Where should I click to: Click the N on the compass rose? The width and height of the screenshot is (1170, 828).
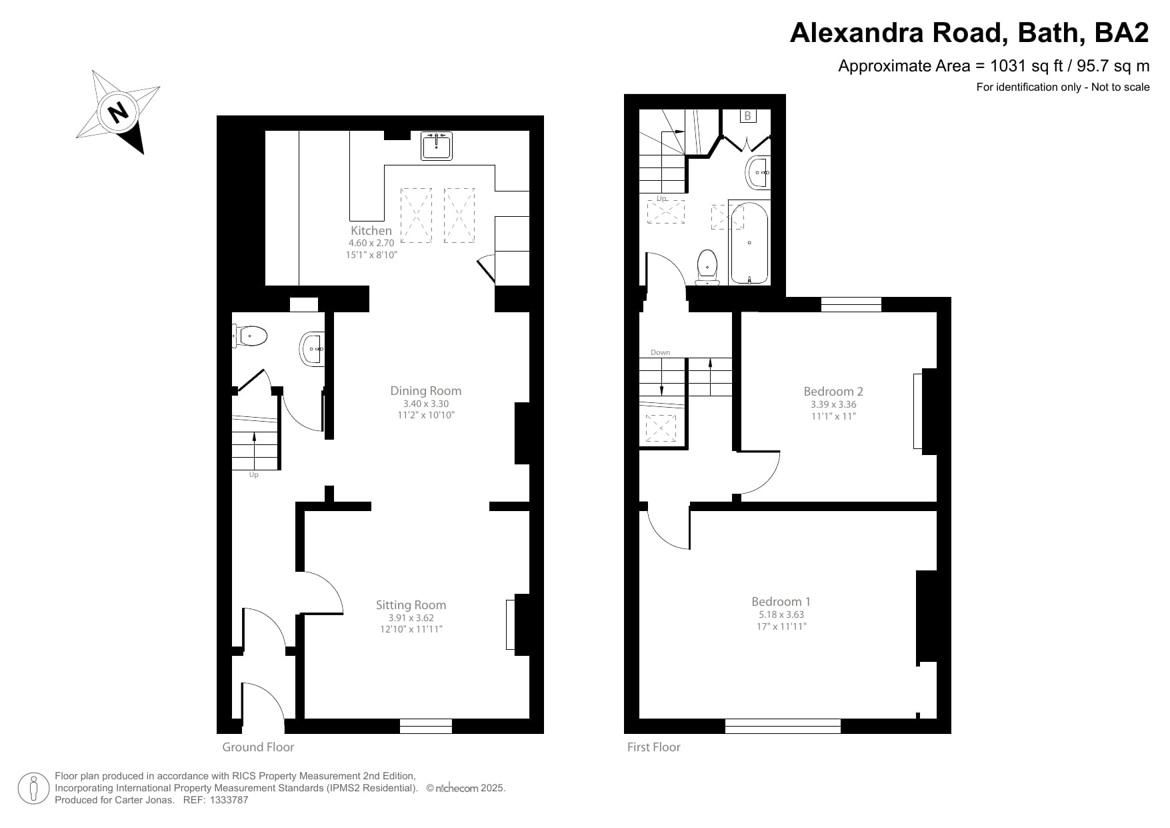(118, 111)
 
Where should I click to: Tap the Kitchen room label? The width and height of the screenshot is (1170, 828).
(371, 231)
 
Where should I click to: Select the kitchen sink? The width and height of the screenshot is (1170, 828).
(437, 146)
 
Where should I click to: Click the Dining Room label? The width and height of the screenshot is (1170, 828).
(426, 391)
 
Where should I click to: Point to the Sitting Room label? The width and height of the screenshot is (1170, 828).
(411, 605)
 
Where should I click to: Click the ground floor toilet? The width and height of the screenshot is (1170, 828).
(251, 336)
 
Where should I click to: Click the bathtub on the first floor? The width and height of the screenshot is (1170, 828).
(749, 244)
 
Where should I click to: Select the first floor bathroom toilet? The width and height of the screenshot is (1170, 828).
(707, 267)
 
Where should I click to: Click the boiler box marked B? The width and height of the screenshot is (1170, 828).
(747, 116)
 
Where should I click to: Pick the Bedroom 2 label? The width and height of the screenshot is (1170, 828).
(833, 392)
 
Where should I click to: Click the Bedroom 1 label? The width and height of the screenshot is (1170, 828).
(781, 602)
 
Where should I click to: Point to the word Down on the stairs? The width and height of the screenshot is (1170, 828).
(660, 352)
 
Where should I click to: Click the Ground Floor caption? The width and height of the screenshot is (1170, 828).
(258, 747)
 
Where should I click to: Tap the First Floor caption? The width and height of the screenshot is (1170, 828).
(653, 747)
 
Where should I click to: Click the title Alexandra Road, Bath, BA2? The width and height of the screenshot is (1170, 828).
(969, 32)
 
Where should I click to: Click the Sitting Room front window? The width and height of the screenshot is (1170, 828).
(426, 726)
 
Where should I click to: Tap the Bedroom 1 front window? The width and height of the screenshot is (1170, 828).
(783, 726)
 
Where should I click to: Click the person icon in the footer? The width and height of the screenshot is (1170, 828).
(33, 789)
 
